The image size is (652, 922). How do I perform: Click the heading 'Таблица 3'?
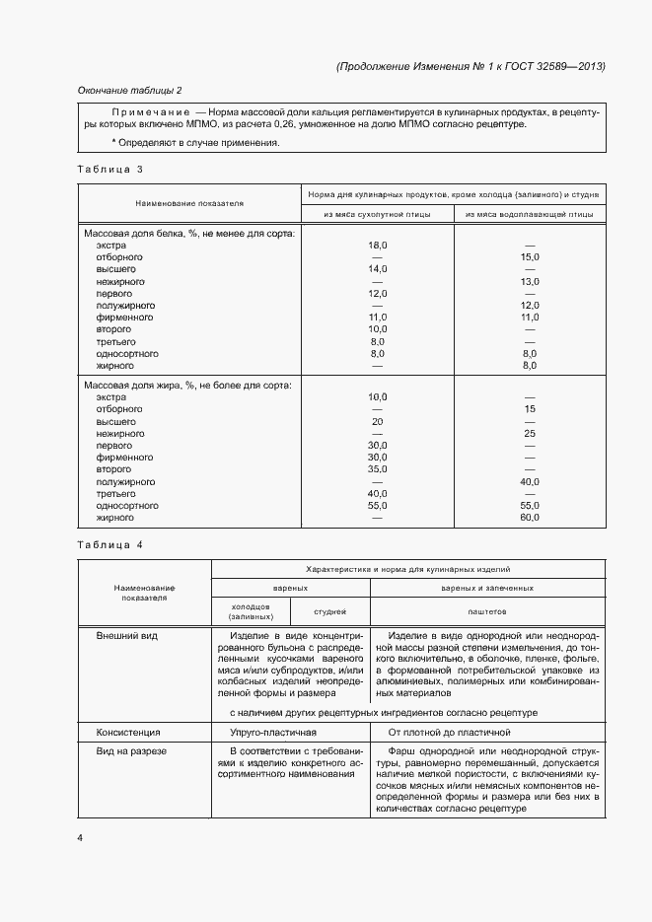click(x=110, y=169)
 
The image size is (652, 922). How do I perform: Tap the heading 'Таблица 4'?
click(x=110, y=544)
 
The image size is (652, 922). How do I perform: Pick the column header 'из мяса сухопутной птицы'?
click(x=377, y=213)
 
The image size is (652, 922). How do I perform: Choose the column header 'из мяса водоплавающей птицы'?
click(x=529, y=213)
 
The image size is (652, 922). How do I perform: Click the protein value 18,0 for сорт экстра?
click(x=377, y=245)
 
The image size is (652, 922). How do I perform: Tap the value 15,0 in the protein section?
click(x=529, y=256)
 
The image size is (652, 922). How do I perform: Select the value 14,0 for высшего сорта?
click(x=377, y=269)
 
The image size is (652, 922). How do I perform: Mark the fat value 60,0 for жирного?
click(x=529, y=518)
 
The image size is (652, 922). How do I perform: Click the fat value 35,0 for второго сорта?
click(x=377, y=469)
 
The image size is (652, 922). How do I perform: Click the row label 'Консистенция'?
click(x=128, y=733)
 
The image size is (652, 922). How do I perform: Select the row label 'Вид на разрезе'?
click(x=131, y=751)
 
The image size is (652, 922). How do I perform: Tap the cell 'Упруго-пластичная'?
click(x=273, y=733)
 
